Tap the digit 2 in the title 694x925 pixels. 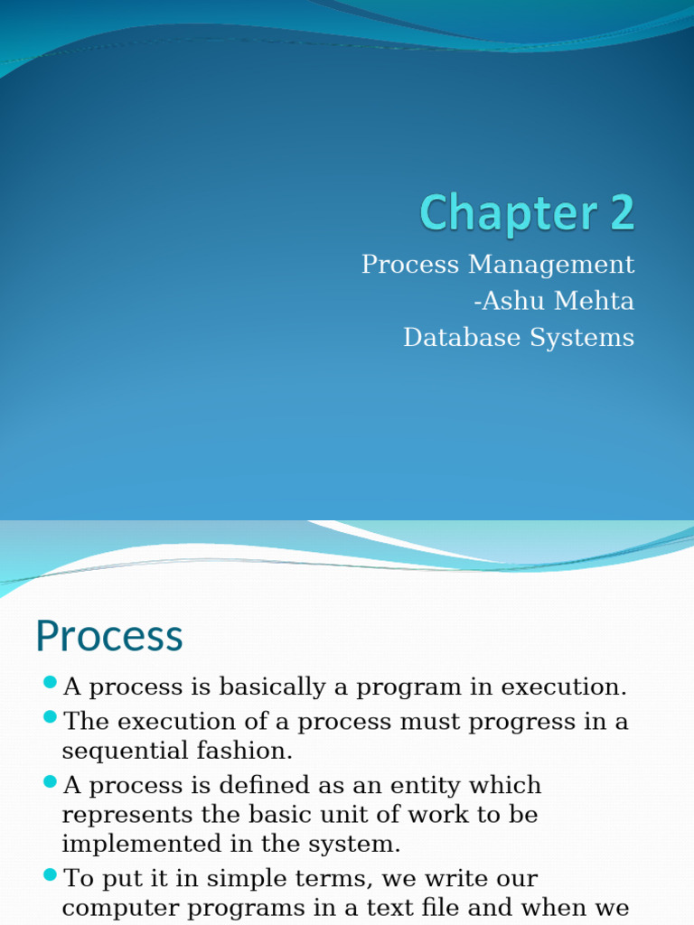[619, 214]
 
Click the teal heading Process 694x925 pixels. [108, 636]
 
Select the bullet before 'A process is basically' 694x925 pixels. [50, 683]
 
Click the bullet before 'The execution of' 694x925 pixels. [50, 718]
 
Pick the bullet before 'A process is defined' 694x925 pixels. [50, 781]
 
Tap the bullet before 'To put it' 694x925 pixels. [50, 874]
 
